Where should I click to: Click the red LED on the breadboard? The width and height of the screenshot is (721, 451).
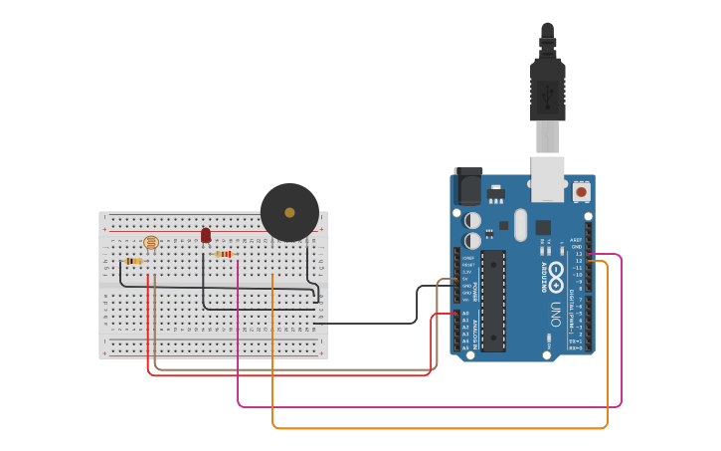pyautogui.click(x=206, y=236)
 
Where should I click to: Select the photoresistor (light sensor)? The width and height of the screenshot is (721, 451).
pyautogui.click(x=151, y=242)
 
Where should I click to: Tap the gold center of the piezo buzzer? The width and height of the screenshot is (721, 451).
pyautogui.click(x=289, y=212)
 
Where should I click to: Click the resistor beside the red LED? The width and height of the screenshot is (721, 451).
pyautogui.click(x=224, y=254)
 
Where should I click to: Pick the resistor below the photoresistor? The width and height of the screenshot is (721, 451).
pyautogui.click(x=133, y=261)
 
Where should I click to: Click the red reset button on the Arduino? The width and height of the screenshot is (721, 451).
pyautogui.click(x=581, y=190)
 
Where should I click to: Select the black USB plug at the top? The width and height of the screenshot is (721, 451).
pyautogui.click(x=547, y=85)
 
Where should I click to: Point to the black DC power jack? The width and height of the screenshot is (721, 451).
pyautogui.click(x=467, y=186)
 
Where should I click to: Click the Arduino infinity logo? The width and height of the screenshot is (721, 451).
pyautogui.click(x=555, y=272)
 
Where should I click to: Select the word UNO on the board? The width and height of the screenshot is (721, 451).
pyautogui.click(x=555, y=315)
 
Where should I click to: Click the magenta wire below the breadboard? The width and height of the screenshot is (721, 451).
pyautogui.click(x=428, y=406)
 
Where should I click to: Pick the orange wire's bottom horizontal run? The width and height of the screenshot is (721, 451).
pyautogui.click(x=438, y=428)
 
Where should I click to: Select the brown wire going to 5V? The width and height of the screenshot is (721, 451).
pyautogui.click(x=298, y=368)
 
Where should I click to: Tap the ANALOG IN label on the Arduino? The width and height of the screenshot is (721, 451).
pyautogui.click(x=475, y=330)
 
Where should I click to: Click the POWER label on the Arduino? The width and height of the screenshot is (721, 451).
pyautogui.click(x=475, y=291)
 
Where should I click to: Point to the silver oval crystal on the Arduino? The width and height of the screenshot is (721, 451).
pyautogui.click(x=520, y=224)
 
